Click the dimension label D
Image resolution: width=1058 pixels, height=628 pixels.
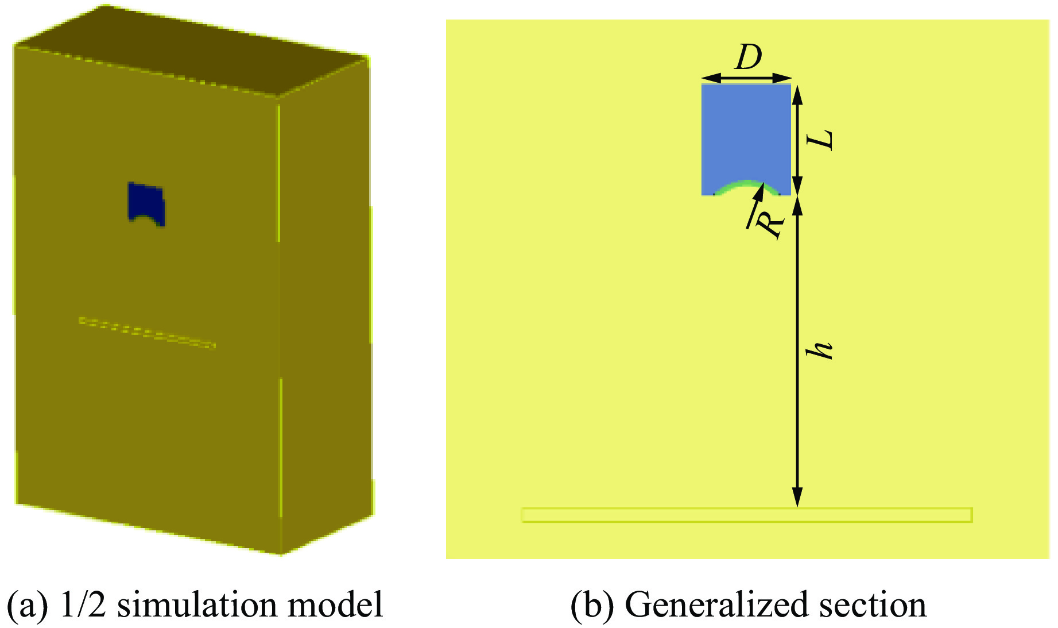point(749,57)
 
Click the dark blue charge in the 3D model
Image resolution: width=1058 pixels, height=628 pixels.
point(146,203)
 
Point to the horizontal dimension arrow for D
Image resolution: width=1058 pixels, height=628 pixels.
point(746,78)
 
